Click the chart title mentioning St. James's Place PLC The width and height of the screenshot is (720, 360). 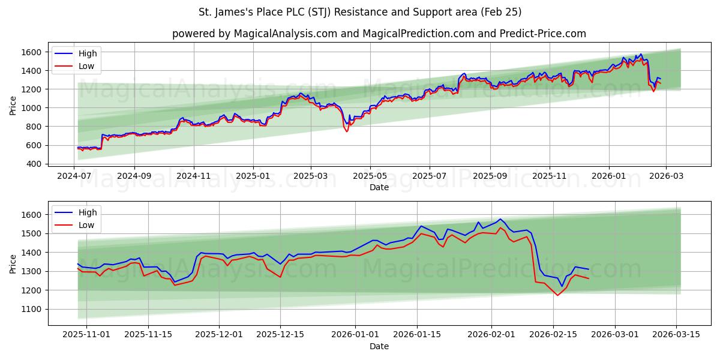360,12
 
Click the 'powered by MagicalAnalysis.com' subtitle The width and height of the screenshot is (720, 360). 379,34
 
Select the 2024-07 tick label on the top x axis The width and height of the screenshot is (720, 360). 74,176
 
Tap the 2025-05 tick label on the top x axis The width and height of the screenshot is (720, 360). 370,176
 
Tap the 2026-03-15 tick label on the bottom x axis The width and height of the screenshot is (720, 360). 677,334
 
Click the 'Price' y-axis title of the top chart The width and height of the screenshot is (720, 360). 13,106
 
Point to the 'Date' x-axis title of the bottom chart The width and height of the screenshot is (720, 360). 379,346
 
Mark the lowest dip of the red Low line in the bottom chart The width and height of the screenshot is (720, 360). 557,295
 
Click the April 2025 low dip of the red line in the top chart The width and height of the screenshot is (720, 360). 347,131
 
